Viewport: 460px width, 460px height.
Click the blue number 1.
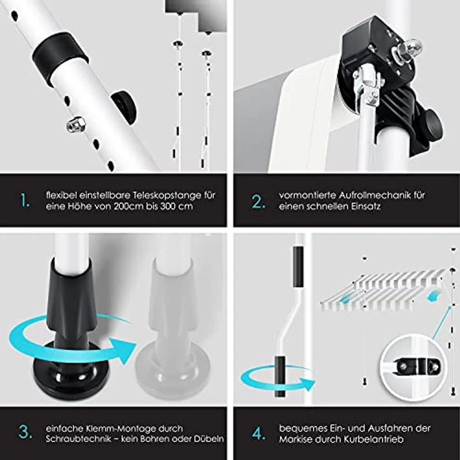click(25, 201)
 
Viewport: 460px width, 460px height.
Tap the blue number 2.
click(259, 201)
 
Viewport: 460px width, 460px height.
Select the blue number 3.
click(26, 432)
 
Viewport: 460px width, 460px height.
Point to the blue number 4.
click(259, 433)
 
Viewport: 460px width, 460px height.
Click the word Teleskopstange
click(167, 196)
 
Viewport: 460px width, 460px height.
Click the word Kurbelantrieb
click(374, 439)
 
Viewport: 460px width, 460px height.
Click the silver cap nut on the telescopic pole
click(76, 124)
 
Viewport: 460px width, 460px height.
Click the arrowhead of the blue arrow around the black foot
click(122, 351)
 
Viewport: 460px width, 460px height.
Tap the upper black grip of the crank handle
click(297, 267)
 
